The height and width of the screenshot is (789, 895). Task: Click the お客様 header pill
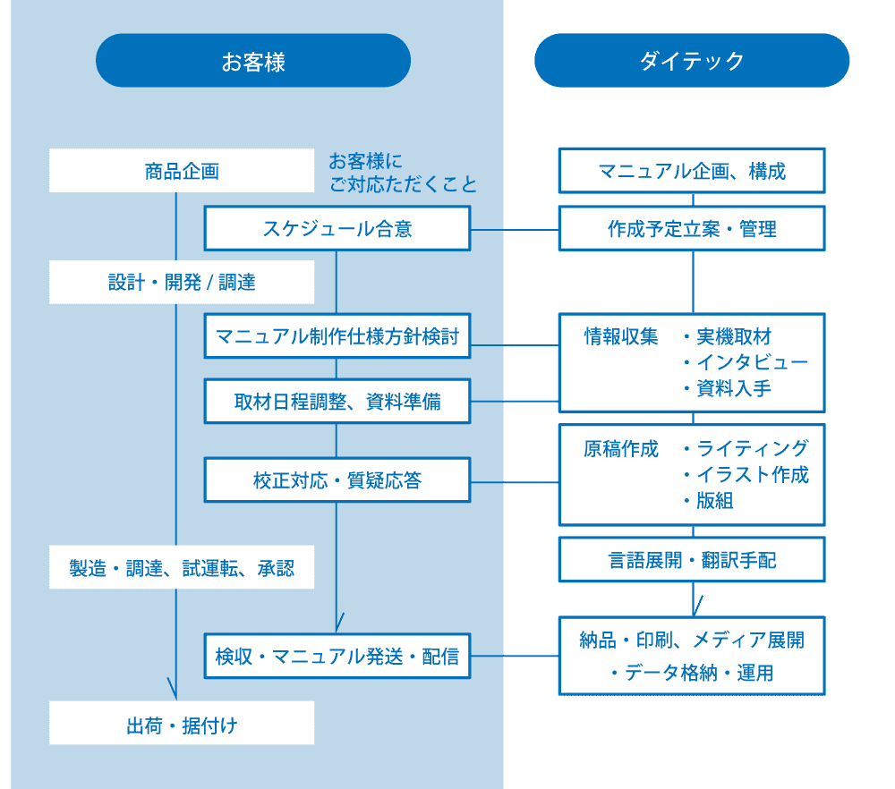253,61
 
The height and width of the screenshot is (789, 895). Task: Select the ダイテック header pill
691,61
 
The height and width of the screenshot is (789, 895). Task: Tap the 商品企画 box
182,171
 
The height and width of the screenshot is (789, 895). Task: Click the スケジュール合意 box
337,229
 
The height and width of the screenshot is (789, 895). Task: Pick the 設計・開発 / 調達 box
182,282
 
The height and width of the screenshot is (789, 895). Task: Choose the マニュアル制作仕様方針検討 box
337,336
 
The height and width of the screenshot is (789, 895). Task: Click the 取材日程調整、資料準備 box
337,402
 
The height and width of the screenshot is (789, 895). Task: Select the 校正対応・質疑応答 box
337,480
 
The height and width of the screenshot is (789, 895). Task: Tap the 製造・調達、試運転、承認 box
182,567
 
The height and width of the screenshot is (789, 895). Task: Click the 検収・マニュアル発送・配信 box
337,657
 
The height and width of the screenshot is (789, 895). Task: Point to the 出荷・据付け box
182,724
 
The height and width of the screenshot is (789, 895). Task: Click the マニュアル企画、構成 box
692,171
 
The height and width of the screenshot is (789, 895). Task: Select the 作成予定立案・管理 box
692,229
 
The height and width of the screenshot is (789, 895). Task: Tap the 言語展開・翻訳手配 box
692,561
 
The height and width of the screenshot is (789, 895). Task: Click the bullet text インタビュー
752,362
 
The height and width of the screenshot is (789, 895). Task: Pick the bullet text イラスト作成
752,474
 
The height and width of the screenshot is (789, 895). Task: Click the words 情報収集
621,336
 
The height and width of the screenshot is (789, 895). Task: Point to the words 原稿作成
621,448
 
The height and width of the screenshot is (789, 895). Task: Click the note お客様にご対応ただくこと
403,173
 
